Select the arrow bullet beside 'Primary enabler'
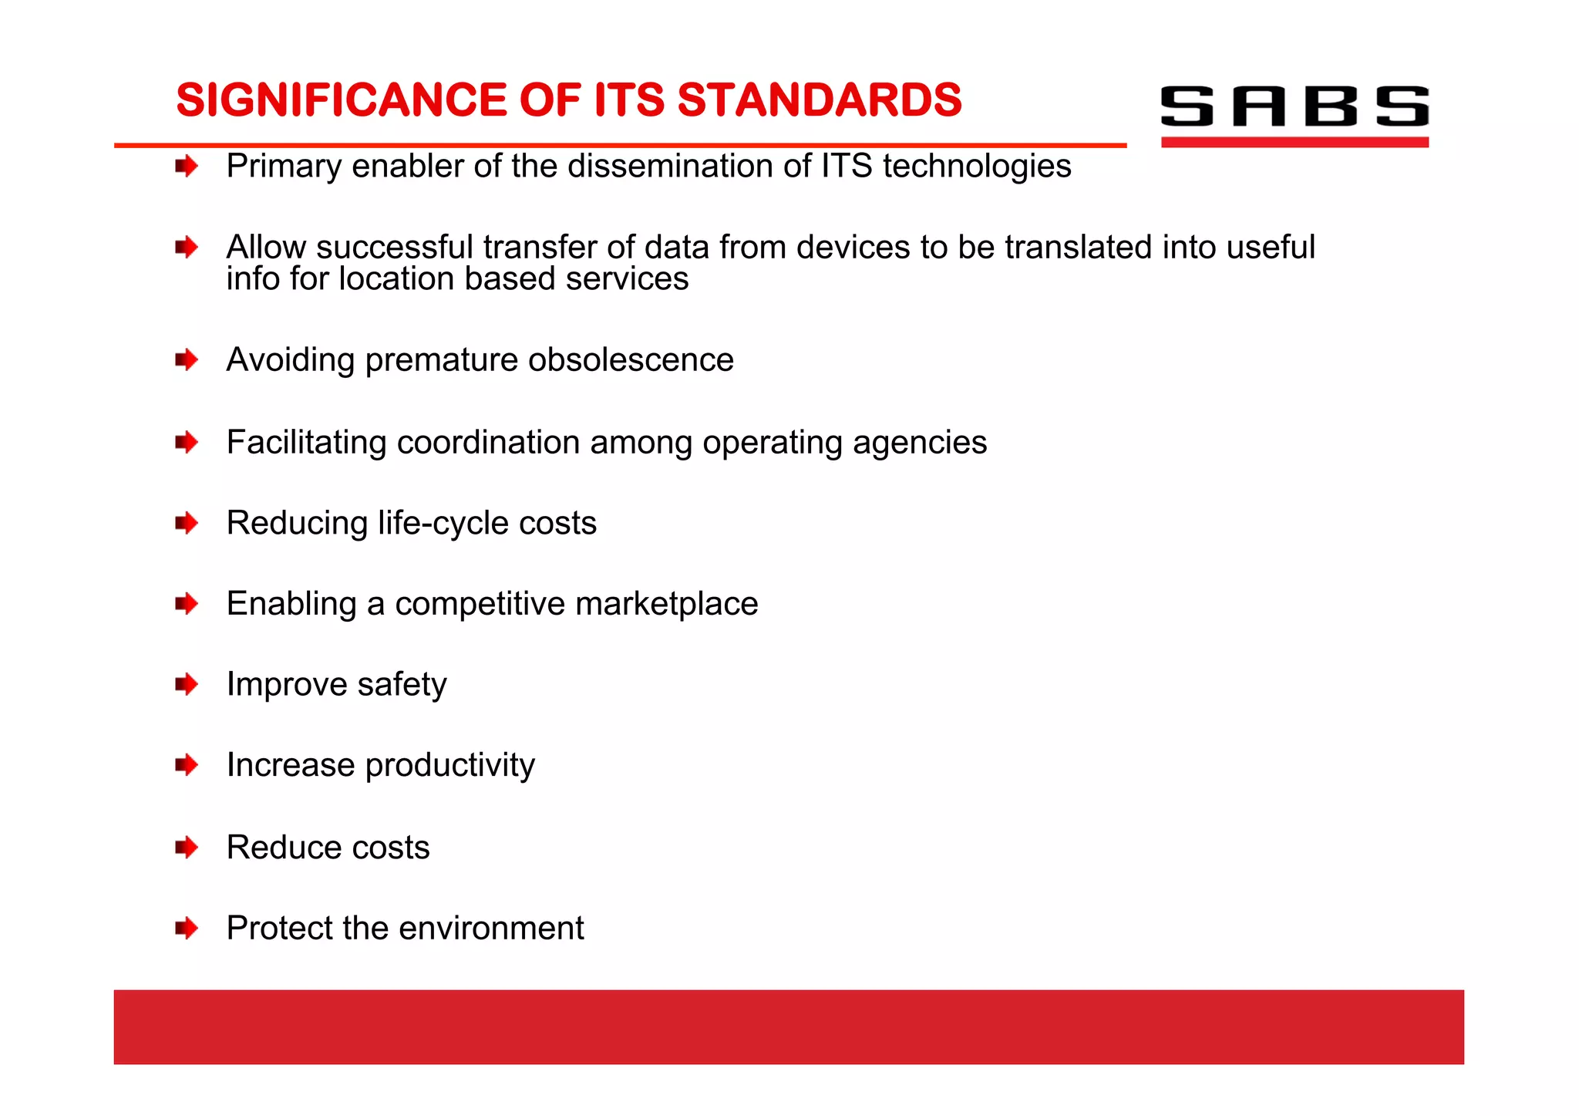(187, 166)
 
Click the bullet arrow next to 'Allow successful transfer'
(187, 248)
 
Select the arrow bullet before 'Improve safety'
(187, 684)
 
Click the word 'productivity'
(449, 765)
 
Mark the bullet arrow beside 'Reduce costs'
(187, 848)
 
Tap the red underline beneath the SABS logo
(1294, 142)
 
